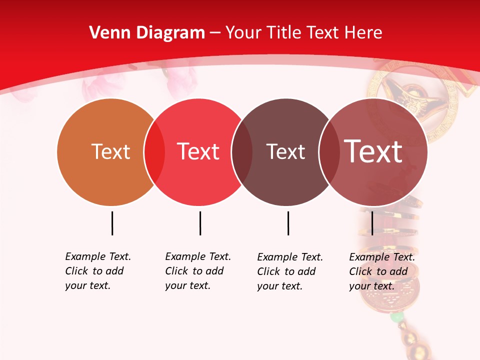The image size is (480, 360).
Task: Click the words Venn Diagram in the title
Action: click(147, 33)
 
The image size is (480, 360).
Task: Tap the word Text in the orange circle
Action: click(110, 151)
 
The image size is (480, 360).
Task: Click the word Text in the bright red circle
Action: click(198, 151)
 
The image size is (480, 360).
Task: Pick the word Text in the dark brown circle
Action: click(285, 151)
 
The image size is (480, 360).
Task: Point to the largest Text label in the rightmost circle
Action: click(373, 151)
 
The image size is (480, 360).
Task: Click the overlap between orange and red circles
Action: click(154, 152)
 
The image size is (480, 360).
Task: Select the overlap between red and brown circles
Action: click(242, 152)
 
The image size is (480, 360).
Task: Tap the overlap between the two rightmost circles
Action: click(329, 152)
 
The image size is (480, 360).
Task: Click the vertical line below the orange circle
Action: click(112, 223)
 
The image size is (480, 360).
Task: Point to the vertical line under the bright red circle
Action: click(200, 223)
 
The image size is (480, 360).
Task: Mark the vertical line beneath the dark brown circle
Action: click(288, 223)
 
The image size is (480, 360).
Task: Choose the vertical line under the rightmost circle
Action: click(372, 223)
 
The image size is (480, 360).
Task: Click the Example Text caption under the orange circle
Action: click(98, 271)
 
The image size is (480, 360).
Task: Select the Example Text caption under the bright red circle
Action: click(198, 271)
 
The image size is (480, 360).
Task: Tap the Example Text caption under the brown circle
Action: click(290, 271)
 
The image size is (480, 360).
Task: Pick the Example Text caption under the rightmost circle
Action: click(382, 271)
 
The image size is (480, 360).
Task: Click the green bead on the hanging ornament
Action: click(396, 317)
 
